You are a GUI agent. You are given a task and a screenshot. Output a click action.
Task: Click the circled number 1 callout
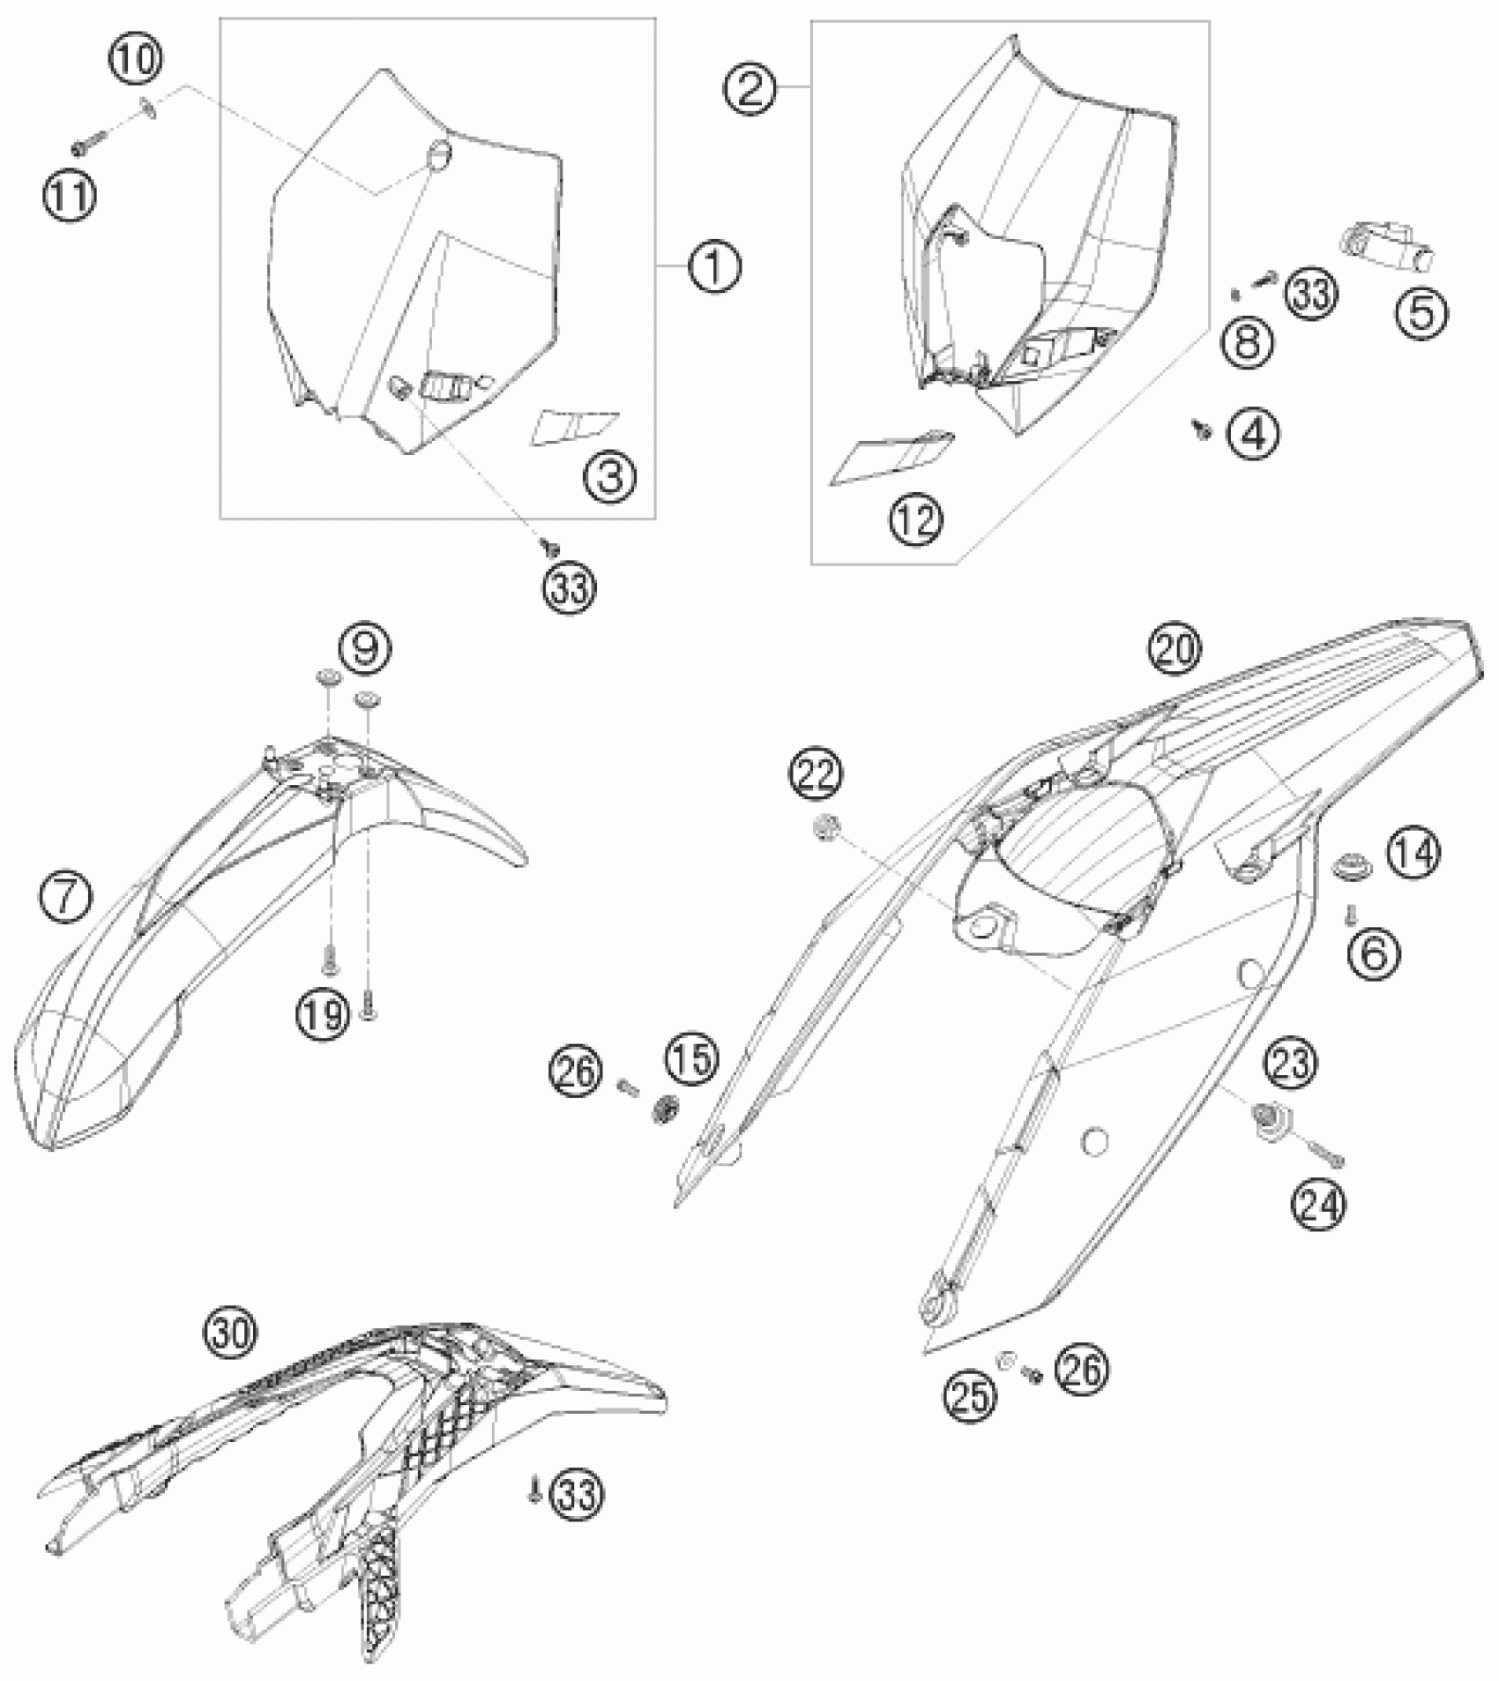pyautogui.click(x=714, y=265)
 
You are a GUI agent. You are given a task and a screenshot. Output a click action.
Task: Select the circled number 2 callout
pyautogui.click(x=749, y=90)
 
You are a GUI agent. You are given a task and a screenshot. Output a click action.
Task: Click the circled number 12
pyautogui.click(x=917, y=519)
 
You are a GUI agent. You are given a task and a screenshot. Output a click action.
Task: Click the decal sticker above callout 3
pyautogui.click(x=575, y=427)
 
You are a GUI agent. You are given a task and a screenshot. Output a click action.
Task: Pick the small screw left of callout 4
pyautogui.click(x=1200, y=429)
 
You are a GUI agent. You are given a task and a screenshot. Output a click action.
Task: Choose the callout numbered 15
pyautogui.click(x=692, y=1058)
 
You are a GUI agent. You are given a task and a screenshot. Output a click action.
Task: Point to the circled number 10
pyautogui.click(x=136, y=61)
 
